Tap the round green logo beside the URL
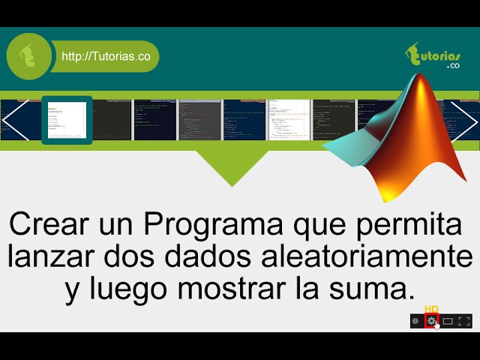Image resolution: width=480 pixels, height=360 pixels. pyautogui.click(x=30, y=56)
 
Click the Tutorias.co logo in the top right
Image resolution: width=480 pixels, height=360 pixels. pyautogui.click(x=433, y=56)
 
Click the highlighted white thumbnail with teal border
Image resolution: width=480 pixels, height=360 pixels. pyautogui.click(x=67, y=120)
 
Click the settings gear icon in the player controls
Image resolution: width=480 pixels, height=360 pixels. pyautogui.click(x=431, y=321)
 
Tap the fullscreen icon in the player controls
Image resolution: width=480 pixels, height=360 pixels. pyautogui.click(x=464, y=321)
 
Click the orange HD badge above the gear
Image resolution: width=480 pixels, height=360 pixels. pyautogui.click(x=431, y=309)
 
